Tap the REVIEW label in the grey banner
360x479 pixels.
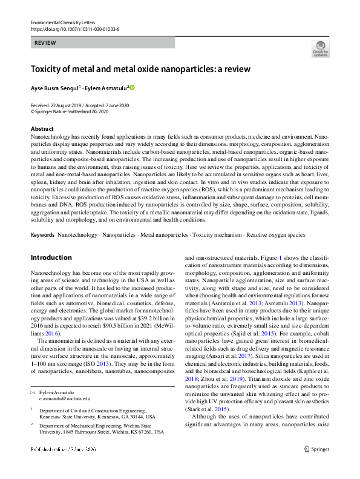[45, 43]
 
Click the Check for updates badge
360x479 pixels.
[320, 48]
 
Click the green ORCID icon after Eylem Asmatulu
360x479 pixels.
[132, 88]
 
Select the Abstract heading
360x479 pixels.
[42, 129]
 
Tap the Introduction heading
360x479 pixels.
[51, 257]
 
